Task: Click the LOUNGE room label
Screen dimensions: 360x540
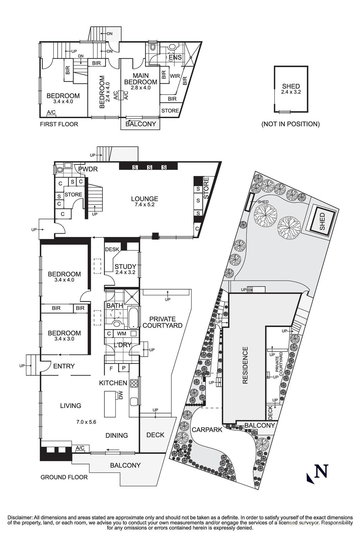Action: click(145, 199)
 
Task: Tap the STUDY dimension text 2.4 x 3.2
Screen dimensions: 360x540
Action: click(125, 272)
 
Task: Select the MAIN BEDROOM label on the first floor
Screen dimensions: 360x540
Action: click(140, 79)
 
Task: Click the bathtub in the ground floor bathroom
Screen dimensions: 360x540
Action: click(133, 318)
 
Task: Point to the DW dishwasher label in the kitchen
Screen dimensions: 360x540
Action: click(121, 395)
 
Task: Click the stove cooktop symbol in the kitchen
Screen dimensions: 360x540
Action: click(134, 383)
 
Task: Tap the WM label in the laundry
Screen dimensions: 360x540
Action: click(121, 334)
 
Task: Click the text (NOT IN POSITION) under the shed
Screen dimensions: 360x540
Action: click(290, 124)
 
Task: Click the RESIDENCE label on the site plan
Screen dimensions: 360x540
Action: click(245, 365)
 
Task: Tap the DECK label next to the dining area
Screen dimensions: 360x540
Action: click(156, 435)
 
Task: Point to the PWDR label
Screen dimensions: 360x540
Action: click(88, 169)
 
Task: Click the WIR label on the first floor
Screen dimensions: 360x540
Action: click(175, 76)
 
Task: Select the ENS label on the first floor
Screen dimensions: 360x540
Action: click(175, 57)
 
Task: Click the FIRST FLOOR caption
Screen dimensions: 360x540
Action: click(59, 125)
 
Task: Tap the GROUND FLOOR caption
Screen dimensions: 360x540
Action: click(64, 477)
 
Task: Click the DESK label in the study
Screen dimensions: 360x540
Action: click(112, 249)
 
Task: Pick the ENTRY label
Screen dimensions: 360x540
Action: click(64, 366)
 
